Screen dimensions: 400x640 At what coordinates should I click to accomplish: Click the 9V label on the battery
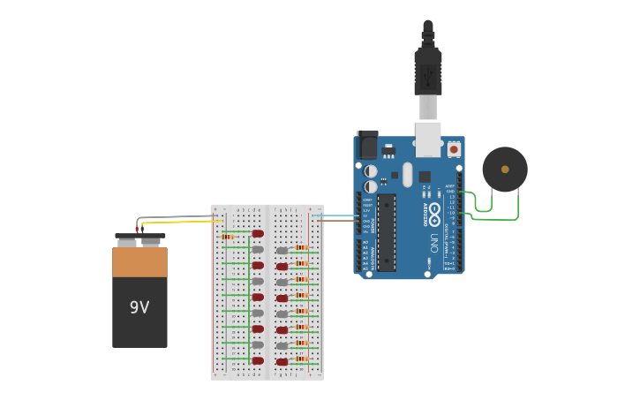pyautogui.click(x=139, y=307)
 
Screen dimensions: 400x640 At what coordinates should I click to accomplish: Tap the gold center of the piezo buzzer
pyautogui.click(x=505, y=170)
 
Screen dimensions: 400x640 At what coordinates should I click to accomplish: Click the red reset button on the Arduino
pyautogui.click(x=454, y=149)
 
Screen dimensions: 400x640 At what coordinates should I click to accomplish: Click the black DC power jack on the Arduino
pyautogui.click(x=367, y=145)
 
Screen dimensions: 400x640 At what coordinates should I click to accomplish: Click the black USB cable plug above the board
pyautogui.click(x=428, y=71)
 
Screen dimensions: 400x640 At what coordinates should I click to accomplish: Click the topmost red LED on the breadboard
pyautogui.click(x=258, y=234)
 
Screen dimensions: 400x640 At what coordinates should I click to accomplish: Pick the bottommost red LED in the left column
pyautogui.click(x=258, y=360)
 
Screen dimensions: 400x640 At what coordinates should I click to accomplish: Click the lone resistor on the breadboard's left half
pyautogui.click(x=228, y=237)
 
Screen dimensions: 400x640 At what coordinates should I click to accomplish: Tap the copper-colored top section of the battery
pyautogui.click(x=139, y=262)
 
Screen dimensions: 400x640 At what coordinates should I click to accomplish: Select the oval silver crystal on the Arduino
pyautogui.click(x=407, y=174)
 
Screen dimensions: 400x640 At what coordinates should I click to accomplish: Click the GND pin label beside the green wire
pyautogui.click(x=450, y=191)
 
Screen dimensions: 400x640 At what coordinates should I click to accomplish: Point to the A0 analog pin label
pyautogui.click(x=365, y=242)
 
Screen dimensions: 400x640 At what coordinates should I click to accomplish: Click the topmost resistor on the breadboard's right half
pyautogui.click(x=302, y=248)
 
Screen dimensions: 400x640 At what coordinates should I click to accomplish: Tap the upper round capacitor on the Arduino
pyautogui.click(x=371, y=171)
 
